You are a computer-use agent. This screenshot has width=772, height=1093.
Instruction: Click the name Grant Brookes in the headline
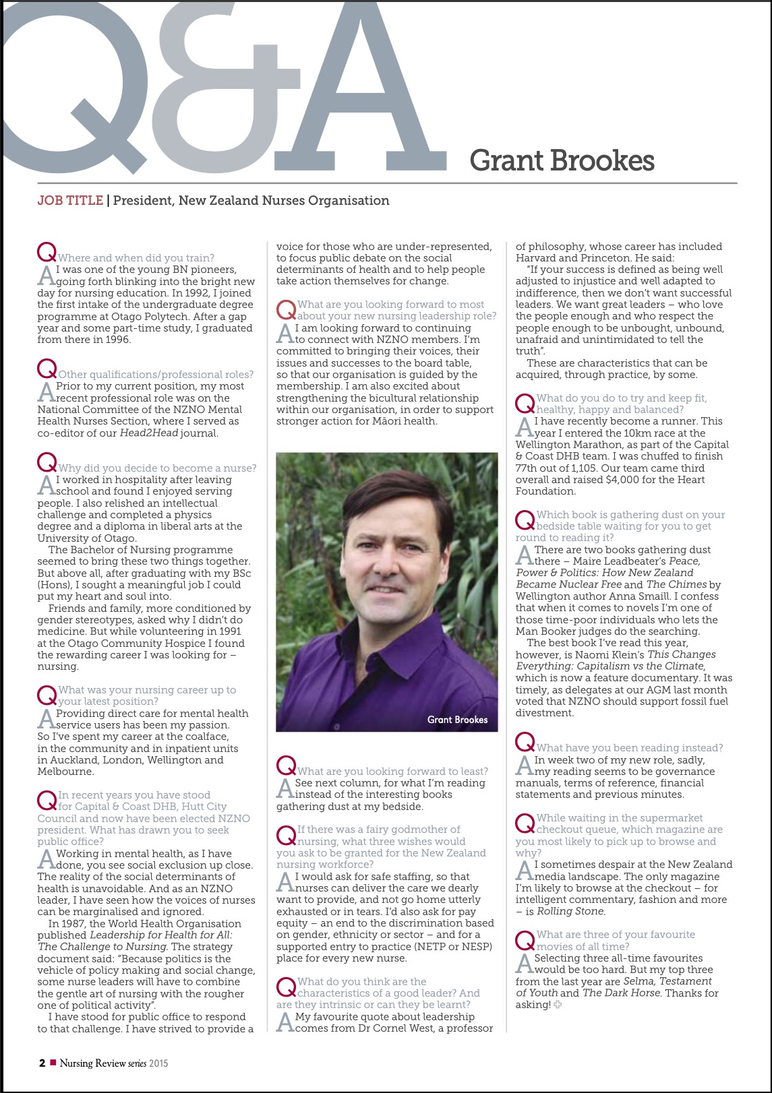point(562,161)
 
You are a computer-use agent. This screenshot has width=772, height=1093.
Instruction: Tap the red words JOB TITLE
point(70,201)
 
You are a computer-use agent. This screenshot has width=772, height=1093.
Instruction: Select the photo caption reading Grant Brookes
point(457,720)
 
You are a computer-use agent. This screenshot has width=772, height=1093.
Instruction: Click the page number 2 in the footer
point(42,1063)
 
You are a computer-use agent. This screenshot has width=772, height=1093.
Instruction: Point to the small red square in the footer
point(53,1063)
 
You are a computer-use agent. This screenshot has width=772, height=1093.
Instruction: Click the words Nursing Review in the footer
point(92,1063)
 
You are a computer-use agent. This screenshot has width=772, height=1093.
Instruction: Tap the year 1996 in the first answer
point(116,340)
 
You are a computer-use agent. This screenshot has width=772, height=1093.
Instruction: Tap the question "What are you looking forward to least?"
point(392,771)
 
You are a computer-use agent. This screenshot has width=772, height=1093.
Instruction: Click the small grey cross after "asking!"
point(558,1005)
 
